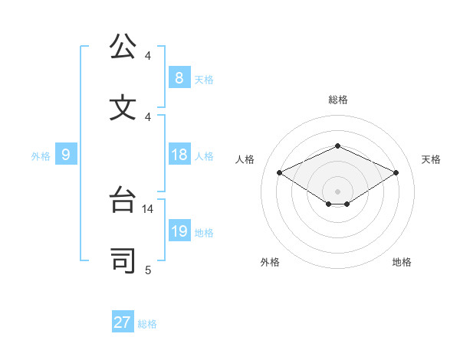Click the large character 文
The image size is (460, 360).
123,107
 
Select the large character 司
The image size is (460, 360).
123,260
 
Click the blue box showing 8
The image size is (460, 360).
179,77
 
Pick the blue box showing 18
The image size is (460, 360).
179,155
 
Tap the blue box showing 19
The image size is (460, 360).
179,231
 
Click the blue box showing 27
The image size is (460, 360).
123,322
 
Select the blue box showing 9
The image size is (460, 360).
66,155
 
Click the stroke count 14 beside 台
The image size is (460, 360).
149,208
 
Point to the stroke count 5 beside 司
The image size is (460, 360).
148,270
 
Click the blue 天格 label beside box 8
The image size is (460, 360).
204,79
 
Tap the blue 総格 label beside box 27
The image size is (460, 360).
147,324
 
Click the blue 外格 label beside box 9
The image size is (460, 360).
41,156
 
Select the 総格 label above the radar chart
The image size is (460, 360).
337,100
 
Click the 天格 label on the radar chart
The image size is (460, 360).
431,159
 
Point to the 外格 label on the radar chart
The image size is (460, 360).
270,262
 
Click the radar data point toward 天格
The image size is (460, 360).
396,173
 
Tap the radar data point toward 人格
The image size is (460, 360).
280,173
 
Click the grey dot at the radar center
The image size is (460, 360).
337,191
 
